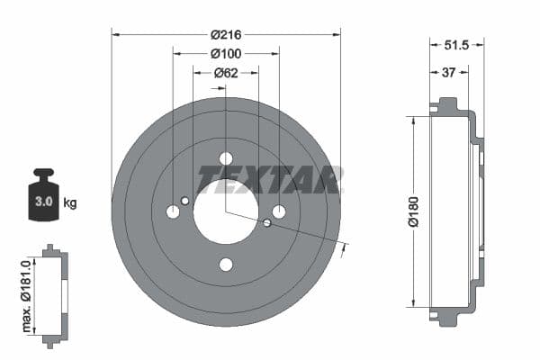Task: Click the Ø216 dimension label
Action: click(226, 34)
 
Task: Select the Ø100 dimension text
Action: click(226, 53)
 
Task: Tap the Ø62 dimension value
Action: click(226, 73)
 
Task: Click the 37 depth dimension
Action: click(447, 73)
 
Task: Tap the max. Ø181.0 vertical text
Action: click(28, 293)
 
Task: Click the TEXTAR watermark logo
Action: click(270, 179)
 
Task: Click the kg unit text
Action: click(70, 202)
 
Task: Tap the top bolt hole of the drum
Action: click(226, 158)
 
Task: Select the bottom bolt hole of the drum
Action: click(226, 264)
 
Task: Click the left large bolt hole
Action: click(173, 211)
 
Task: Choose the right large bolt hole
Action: click(279, 211)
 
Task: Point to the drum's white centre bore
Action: click(226, 211)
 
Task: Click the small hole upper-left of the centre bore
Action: click(185, 201)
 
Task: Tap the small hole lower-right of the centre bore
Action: click(267, 222)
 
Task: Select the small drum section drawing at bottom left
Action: click(55, 295)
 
